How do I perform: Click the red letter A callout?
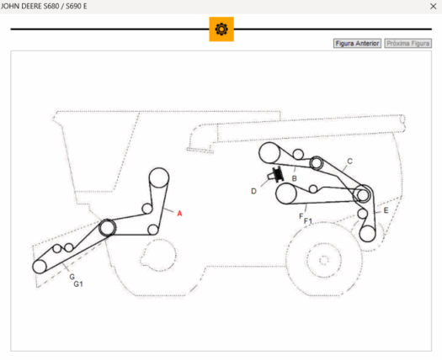[x=179, y=214]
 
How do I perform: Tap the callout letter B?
[x=295, y=178]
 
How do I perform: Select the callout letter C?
[x=350, y=161]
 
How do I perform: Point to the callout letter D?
[x=253, y=191]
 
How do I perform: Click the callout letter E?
[x=386, y=210]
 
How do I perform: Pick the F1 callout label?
[x=308, y=221]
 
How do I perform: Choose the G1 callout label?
[x=78, y=284]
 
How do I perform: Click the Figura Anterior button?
[x=357, y=44]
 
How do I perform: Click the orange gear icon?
[x=221, y=29]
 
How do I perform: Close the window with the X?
[x=434, y=6]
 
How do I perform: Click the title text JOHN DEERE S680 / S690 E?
[x=44, y=6]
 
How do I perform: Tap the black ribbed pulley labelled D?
[x=277, y=174]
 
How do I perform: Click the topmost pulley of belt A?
[x=159, y=177]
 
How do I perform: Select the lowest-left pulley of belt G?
[x=40, y=267]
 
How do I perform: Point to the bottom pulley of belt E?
[x=367, y=234]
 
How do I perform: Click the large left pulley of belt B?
[x=269, y=153]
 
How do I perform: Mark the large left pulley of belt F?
[x=286, y=193]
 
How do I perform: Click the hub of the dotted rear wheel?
[x=324, y=260]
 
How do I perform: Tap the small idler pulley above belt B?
[x=298, y=154]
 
